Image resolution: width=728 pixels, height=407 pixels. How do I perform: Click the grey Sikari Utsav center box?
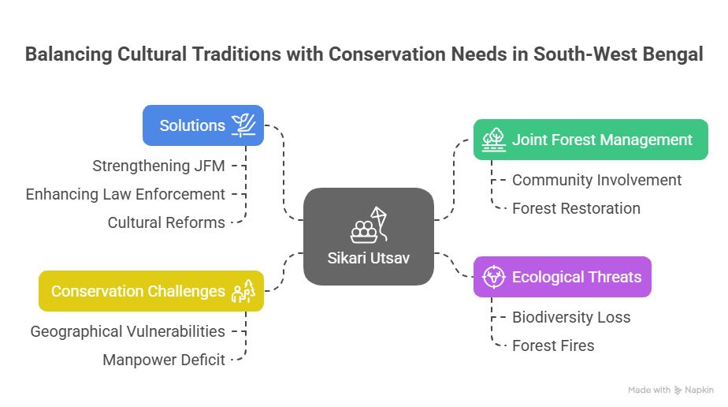(369, 237)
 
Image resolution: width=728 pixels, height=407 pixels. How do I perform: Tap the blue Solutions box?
(203, 125)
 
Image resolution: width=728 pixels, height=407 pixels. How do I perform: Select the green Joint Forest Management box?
(591, 140)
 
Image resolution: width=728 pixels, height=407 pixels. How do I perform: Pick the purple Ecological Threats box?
(563, 277)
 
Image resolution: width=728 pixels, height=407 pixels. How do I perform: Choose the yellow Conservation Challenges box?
(151, 291)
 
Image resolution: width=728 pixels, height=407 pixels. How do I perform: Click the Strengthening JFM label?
(159, 166)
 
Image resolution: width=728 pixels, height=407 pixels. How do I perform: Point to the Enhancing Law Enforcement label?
(125, 194)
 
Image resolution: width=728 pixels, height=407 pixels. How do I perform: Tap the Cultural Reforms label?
(166, 222)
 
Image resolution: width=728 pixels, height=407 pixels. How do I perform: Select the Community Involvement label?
(596, 181)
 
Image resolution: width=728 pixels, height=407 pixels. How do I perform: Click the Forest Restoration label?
(576, 208)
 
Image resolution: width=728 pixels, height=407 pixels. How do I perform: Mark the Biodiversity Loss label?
(571, 317)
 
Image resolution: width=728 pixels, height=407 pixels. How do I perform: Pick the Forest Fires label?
(553, 345)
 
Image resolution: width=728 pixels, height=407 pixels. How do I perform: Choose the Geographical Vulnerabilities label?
(128, 332)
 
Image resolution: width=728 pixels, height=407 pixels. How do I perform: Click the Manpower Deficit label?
(164, 360)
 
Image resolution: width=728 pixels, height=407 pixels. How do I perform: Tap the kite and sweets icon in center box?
(369, 226)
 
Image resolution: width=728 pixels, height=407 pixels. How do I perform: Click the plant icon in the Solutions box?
(243, 125)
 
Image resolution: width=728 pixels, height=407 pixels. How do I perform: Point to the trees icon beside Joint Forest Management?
(493, 140)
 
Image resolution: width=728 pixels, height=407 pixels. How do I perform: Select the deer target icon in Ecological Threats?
(493, 277)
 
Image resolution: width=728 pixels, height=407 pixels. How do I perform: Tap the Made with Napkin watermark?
(670, 390)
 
